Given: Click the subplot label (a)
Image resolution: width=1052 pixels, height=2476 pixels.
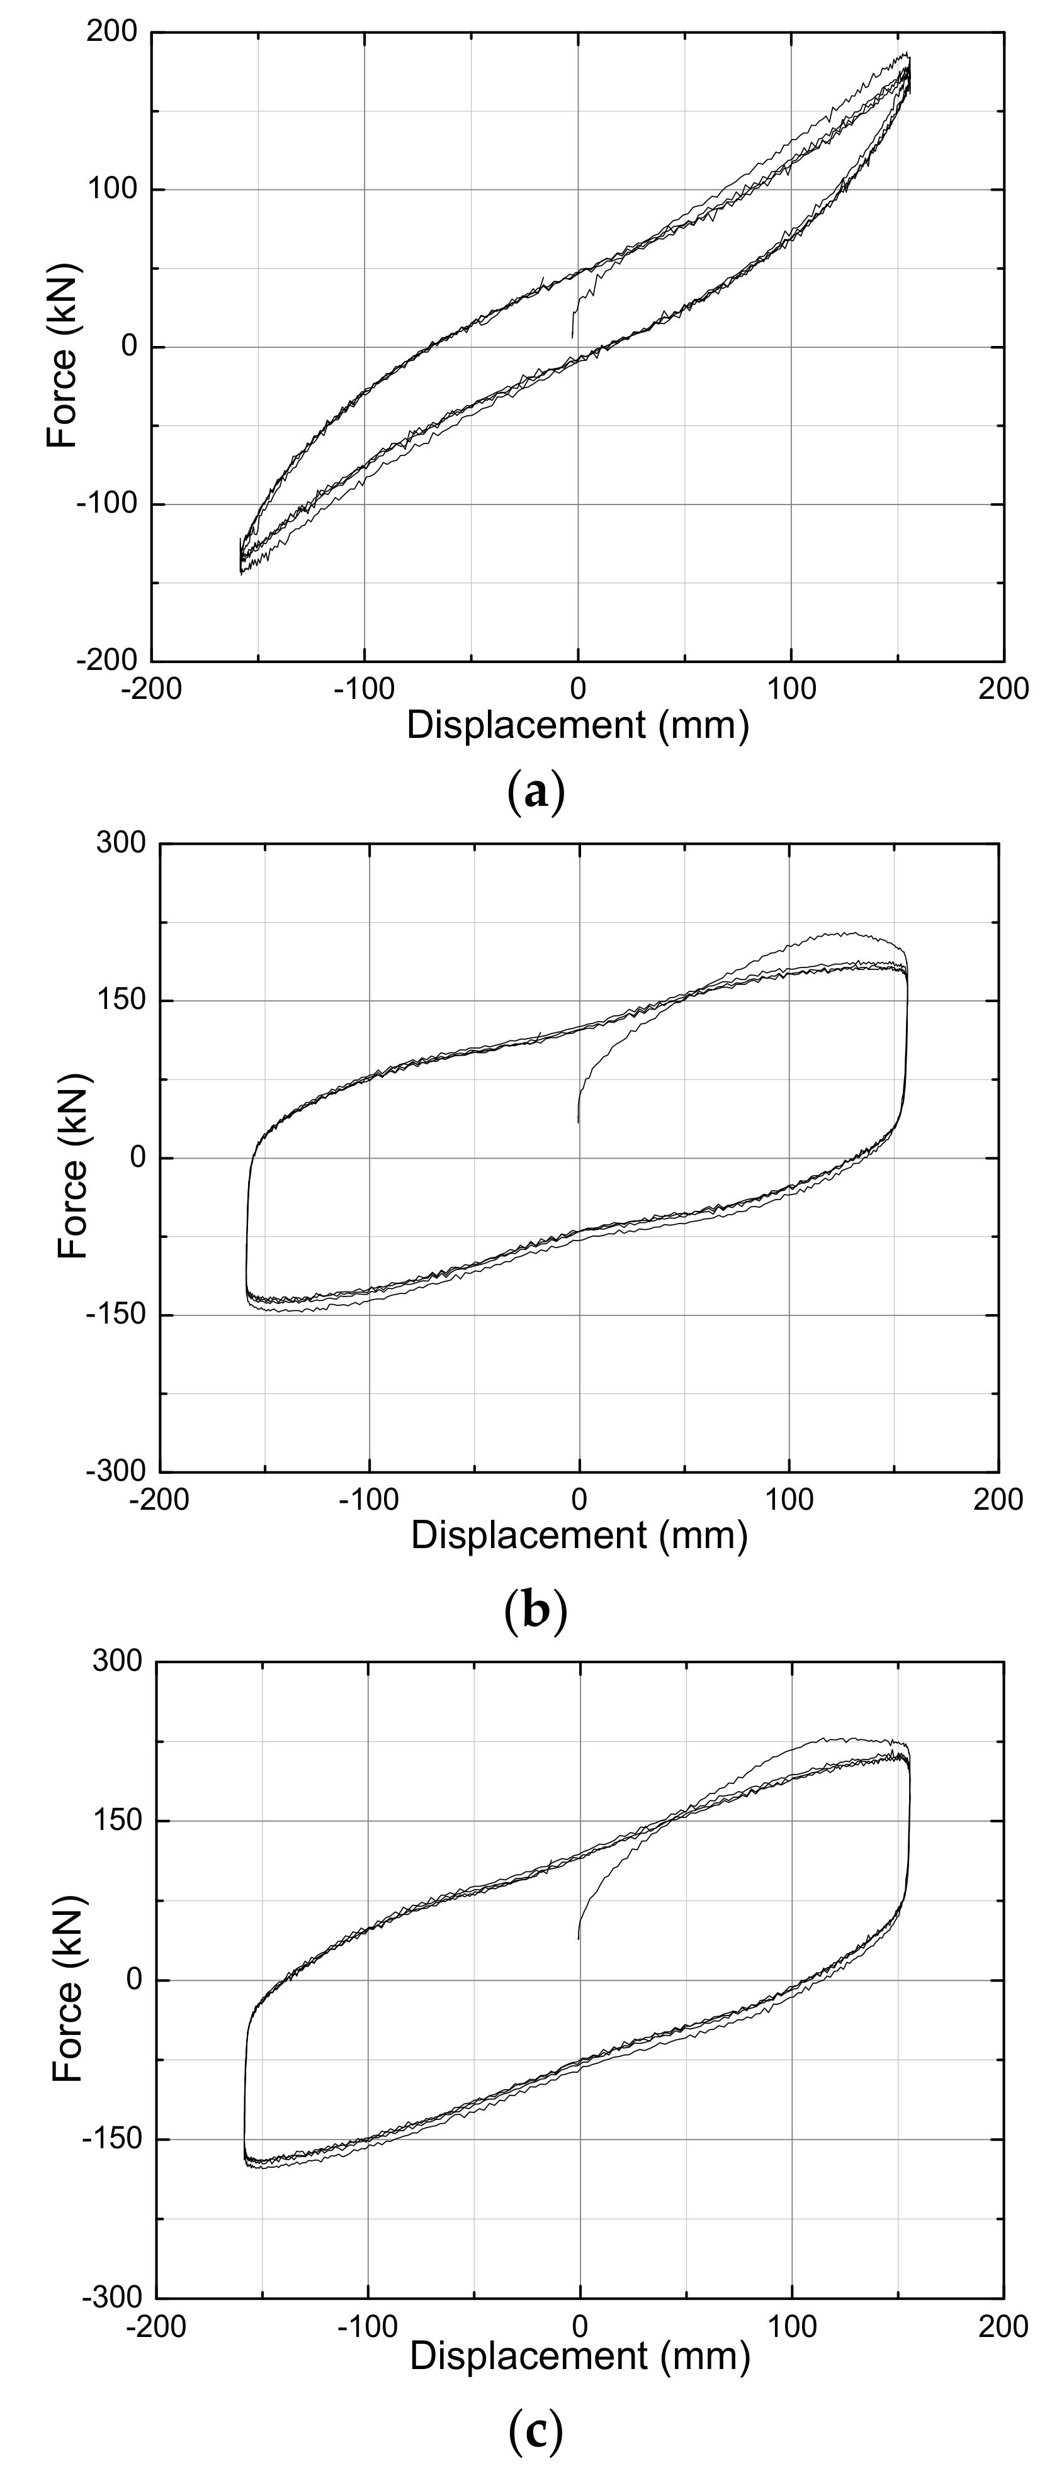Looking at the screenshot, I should coord(534,793).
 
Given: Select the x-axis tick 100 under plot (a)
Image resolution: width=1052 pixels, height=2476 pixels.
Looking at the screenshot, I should coord(791,688).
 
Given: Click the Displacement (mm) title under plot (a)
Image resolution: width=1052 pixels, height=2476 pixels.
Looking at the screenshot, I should coord(577,725).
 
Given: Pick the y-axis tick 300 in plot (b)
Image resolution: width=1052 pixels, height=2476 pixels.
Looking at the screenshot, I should coord(121,843).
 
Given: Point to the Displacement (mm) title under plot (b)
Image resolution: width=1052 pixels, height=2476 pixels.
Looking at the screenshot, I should coord(579,1535).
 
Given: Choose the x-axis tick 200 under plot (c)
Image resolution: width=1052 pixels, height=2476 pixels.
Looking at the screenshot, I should coord(1002,2326).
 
